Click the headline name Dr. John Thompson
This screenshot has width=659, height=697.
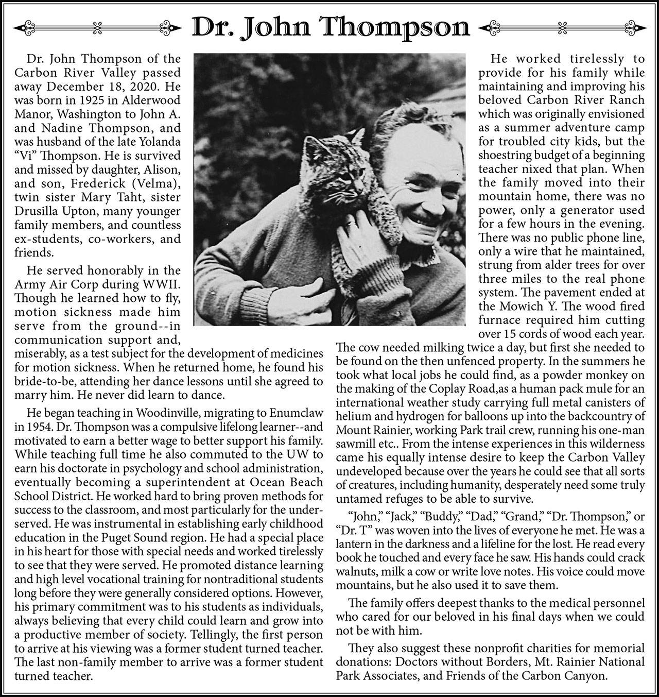tap(330, 27)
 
